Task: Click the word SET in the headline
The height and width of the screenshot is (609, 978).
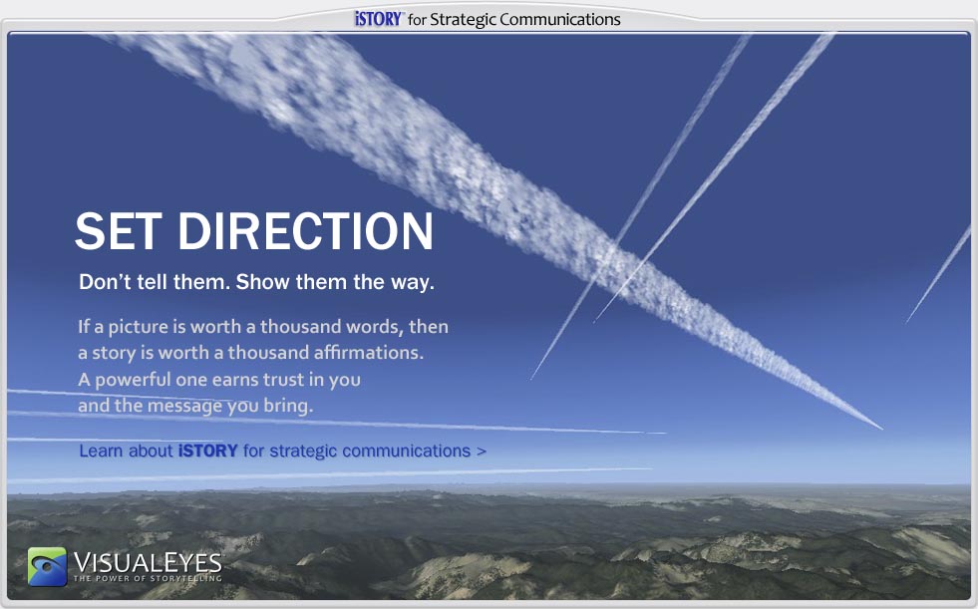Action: click(x=119, y=231)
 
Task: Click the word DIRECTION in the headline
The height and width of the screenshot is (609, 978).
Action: click(x=306, y=231)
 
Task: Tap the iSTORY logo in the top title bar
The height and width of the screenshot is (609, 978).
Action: click(x=379, y=19)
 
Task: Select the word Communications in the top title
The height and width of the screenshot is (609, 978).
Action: click(x=559, y=19)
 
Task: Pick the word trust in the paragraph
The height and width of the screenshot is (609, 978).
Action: click(x=284, y=380)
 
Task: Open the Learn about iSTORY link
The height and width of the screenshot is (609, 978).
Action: click(x=282, y=451)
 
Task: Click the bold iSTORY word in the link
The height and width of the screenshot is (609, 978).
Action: click(x=207, y=451)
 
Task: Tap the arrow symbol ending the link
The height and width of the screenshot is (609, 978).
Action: click(x=481, y=452)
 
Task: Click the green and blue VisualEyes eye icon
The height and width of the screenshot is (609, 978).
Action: click(x=48, y=566)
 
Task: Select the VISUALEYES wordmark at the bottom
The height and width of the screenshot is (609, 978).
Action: click(x=148, y=562)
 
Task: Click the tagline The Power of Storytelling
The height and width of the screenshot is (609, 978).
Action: click(x=148, y=578)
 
